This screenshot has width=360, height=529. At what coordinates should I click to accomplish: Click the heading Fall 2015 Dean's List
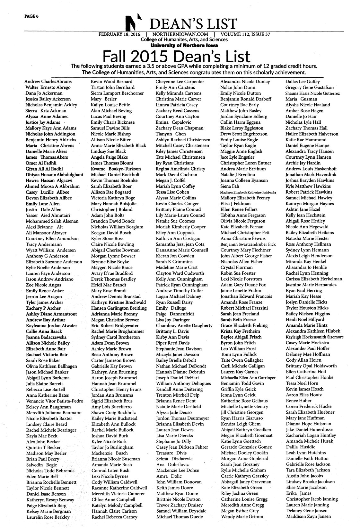point(176,57)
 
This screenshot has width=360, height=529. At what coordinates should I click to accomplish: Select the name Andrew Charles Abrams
point(48,82)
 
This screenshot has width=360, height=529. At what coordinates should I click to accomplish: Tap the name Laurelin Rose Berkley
point(48,517)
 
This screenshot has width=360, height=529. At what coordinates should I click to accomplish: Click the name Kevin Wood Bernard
point(111,82)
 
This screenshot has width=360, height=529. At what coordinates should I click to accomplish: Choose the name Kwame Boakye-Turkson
point(116,169)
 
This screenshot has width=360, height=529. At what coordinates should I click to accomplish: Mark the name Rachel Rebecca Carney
point(114,517)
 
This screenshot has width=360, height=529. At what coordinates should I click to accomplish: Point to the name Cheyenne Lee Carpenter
point(180,82)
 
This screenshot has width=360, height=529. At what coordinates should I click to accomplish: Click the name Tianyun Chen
point(171,134)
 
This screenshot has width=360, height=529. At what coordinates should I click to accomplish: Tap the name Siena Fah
point(230,186)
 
